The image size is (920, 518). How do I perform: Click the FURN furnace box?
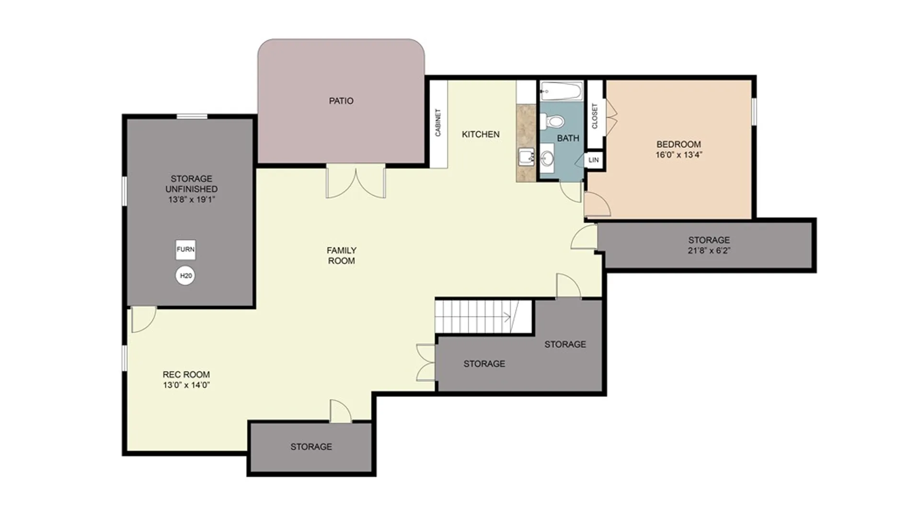(x=185, y=249)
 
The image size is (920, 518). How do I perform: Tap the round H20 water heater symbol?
(x=185, y=276)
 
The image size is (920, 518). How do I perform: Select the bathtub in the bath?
(x=561, y=91)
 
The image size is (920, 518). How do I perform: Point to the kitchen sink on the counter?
(x=527, y=157)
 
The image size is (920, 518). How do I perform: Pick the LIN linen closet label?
(x=594, y=160)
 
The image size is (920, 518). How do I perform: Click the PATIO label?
(x=341, y=101)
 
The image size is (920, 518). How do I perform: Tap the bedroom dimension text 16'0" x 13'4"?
(x=679, y=155)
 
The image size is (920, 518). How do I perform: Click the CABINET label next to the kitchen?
(x=438, y=123)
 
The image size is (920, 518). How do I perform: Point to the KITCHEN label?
(x=481, y=134)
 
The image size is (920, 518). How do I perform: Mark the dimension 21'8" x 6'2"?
(x=709, y=250)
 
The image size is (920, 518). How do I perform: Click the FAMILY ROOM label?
(x=342, y=256)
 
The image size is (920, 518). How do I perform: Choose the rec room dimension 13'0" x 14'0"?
(x=186, y=385)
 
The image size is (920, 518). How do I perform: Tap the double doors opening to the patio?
(x=356, y=181)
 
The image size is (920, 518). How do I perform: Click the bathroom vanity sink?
(x=547, y=158)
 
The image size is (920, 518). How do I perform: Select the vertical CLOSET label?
(x=595, y=116)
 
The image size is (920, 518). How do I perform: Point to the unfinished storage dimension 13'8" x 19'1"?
(x=192, y=200)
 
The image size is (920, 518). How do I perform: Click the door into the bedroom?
(x=597, y=204)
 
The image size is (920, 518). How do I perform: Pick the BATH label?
(x=568, y=138)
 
